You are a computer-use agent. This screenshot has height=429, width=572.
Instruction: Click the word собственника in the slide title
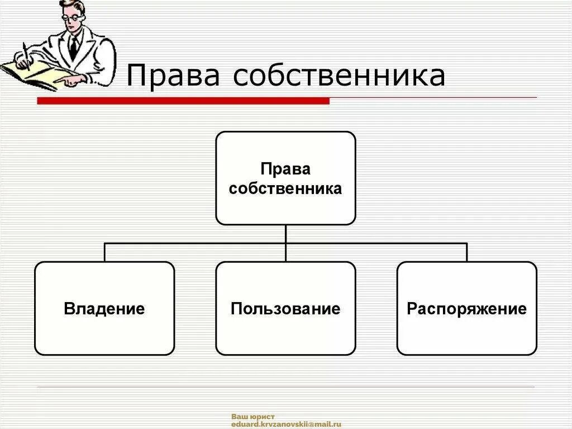[339, 76]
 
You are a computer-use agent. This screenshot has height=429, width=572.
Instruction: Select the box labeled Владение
[104, 308]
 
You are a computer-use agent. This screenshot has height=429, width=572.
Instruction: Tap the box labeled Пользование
[285, 308]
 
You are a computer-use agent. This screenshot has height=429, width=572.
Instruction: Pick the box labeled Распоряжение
[466, 308]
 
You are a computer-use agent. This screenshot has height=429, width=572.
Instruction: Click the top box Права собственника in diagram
[285, 178]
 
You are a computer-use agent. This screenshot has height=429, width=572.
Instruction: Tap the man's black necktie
[73, 48]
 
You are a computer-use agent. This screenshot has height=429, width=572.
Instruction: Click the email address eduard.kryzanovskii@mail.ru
[286, 425]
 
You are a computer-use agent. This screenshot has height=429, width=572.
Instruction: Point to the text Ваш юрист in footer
[253, 417]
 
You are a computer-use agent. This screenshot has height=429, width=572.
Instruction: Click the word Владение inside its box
[104, 309]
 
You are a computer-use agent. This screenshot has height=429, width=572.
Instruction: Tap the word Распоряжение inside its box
[466, 309]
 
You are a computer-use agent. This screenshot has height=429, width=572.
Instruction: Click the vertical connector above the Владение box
[104, 252]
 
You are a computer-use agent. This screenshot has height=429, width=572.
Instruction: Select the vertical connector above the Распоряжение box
[466, 252]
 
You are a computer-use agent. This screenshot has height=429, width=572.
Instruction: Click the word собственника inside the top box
[285, 188]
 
